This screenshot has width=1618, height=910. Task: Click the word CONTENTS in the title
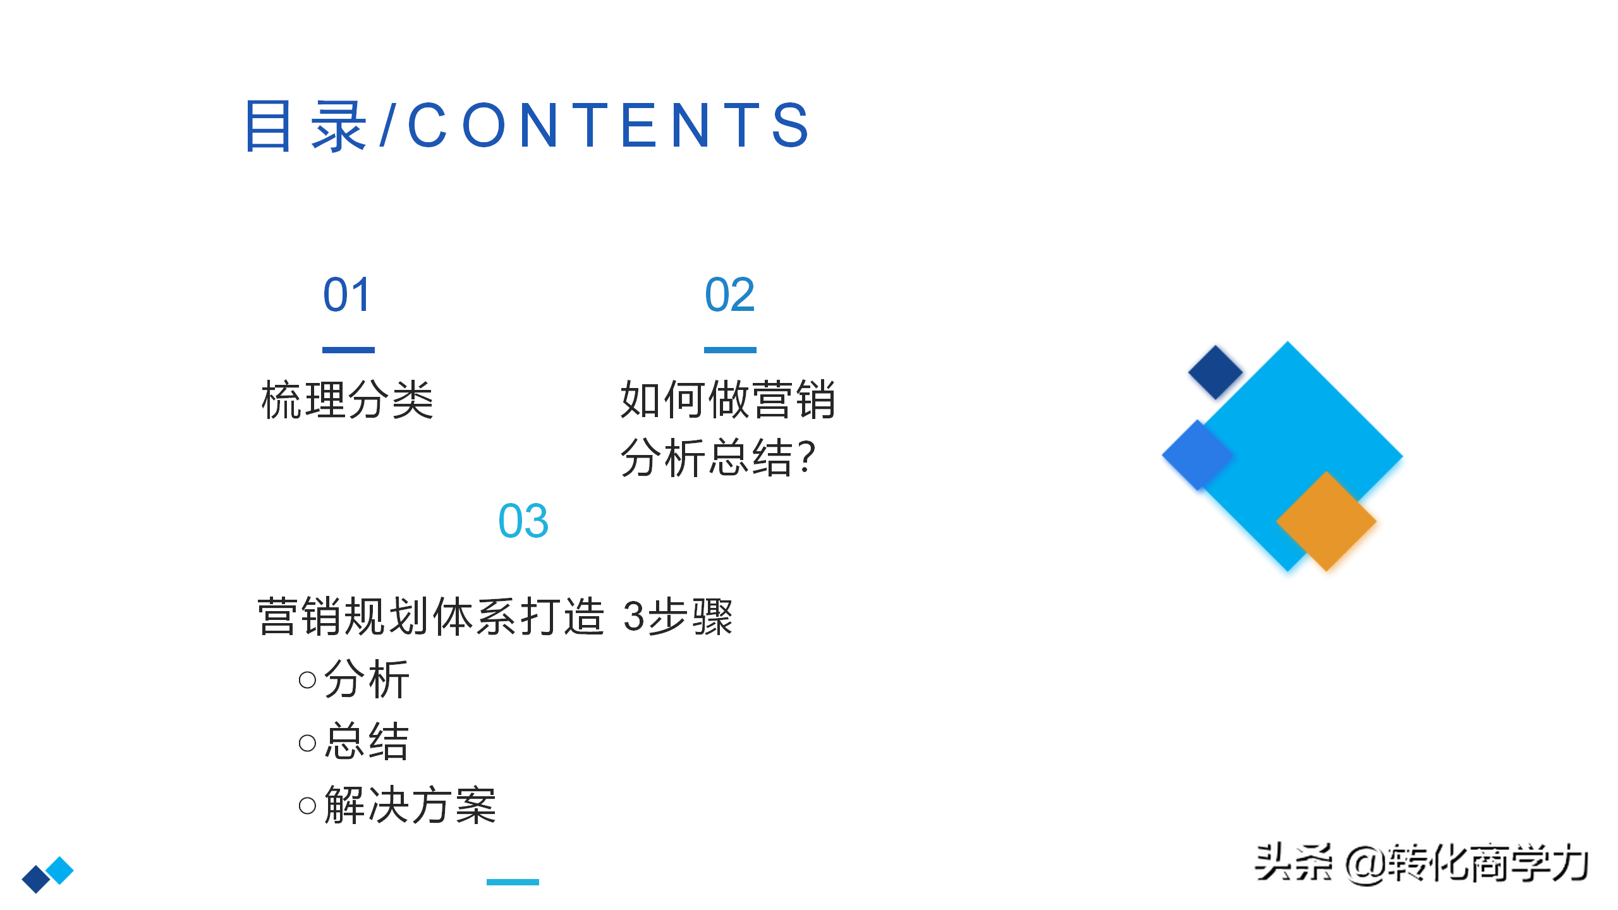608,125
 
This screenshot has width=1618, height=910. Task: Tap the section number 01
346,294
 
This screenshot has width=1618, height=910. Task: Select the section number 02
729,294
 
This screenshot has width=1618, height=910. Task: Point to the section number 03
523,521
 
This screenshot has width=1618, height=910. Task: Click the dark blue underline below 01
348,349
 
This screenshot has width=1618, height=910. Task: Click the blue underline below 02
730,349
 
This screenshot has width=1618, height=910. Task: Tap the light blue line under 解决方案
513,882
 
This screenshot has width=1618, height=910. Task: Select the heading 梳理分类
348,400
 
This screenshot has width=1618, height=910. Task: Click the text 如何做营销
728,400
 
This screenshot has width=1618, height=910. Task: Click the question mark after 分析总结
806,458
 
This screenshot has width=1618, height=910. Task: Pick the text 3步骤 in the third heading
678,616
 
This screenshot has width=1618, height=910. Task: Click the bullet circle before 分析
307,680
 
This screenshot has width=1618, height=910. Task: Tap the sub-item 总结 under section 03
367,741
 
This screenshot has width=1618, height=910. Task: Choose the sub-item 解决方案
410,805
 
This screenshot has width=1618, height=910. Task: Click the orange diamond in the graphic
1326,521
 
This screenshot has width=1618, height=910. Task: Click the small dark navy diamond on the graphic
1215,372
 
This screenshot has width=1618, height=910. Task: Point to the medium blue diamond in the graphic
1196,454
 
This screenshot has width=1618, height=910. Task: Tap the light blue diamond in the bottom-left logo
61,870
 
